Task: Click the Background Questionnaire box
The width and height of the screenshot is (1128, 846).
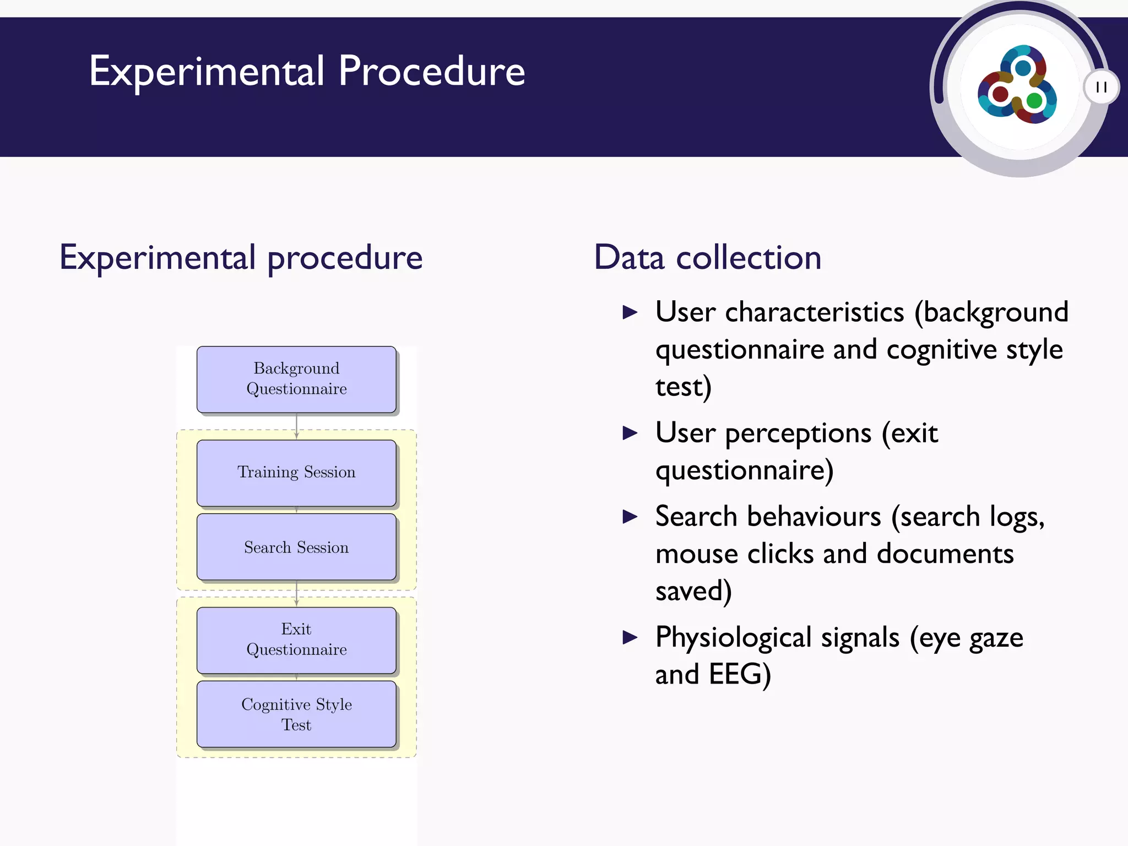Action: (296, 379)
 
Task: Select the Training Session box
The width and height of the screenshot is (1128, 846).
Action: (296, 473)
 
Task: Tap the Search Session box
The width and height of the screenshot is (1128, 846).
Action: (296, 547)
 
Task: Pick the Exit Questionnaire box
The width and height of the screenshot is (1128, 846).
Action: (296, 640)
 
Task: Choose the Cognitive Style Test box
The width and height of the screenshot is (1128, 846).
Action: (296, 714)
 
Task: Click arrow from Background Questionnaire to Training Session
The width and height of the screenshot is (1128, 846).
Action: (296, 426)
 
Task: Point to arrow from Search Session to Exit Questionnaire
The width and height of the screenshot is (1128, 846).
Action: (296, 593)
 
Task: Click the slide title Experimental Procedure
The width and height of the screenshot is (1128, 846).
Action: (307, 72)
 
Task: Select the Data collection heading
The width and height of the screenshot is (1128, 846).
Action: (707, 258)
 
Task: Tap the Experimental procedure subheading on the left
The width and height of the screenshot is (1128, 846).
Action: (241, 258)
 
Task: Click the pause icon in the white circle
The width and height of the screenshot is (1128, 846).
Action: (1101, 87)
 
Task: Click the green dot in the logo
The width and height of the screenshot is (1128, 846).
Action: (1034, 101)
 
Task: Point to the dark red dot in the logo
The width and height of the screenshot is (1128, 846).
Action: (1000, 94)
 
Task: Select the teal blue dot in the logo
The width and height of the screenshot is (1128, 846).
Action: (1023, 68)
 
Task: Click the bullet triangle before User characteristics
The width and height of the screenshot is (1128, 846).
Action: (630, 313)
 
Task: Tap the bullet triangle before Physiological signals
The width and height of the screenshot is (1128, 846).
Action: (630, 638)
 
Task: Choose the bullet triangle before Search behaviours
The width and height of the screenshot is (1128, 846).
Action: (630, 517)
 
